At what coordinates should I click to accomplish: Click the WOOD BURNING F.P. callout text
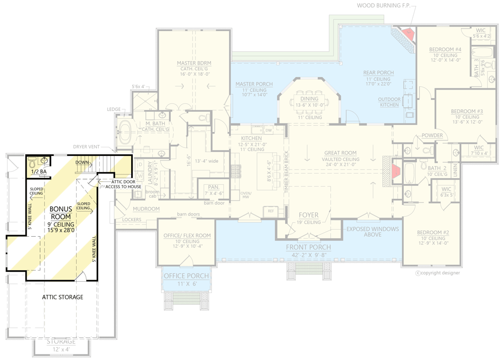click(383, 6)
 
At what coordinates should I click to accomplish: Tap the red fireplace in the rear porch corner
click(409, 34)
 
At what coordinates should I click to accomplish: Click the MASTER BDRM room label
click(194, 63)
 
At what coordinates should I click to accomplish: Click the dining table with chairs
click(309, 99)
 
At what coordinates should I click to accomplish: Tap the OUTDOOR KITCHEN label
click(389, 102)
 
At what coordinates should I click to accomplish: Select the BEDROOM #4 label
click(445, 49)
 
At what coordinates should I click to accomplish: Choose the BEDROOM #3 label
click(466, 111)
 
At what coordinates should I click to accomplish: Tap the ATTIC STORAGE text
click(62, 297)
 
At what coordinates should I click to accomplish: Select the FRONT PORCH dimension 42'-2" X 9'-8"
click(308, 255)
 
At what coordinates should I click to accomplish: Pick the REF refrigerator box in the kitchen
click(271, 211)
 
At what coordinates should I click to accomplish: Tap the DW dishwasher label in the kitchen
click(269, 130)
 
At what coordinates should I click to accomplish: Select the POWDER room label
click(432, 135)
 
